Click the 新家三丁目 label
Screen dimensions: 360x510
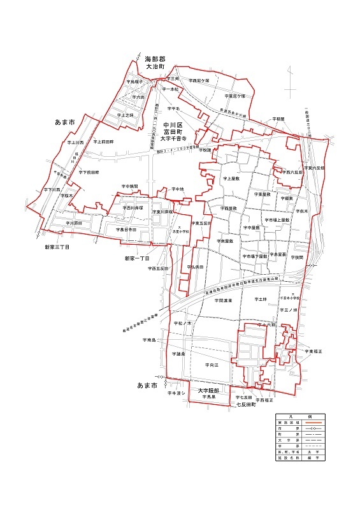[57, 246]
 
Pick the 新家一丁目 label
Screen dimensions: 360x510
[136, 259]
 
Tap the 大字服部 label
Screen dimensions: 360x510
[208, 390]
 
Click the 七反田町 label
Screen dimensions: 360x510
[245, 405]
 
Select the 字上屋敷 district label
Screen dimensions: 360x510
[230, 179]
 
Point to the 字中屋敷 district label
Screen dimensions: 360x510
[251, 226]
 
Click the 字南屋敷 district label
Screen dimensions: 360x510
[225, 241]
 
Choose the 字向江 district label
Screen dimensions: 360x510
[212, 365]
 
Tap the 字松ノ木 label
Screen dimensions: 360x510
[182, 324]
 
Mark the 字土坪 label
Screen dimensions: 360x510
[260, 298]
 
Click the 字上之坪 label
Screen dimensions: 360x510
[126, 115]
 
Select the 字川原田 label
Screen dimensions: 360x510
[74, 222]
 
